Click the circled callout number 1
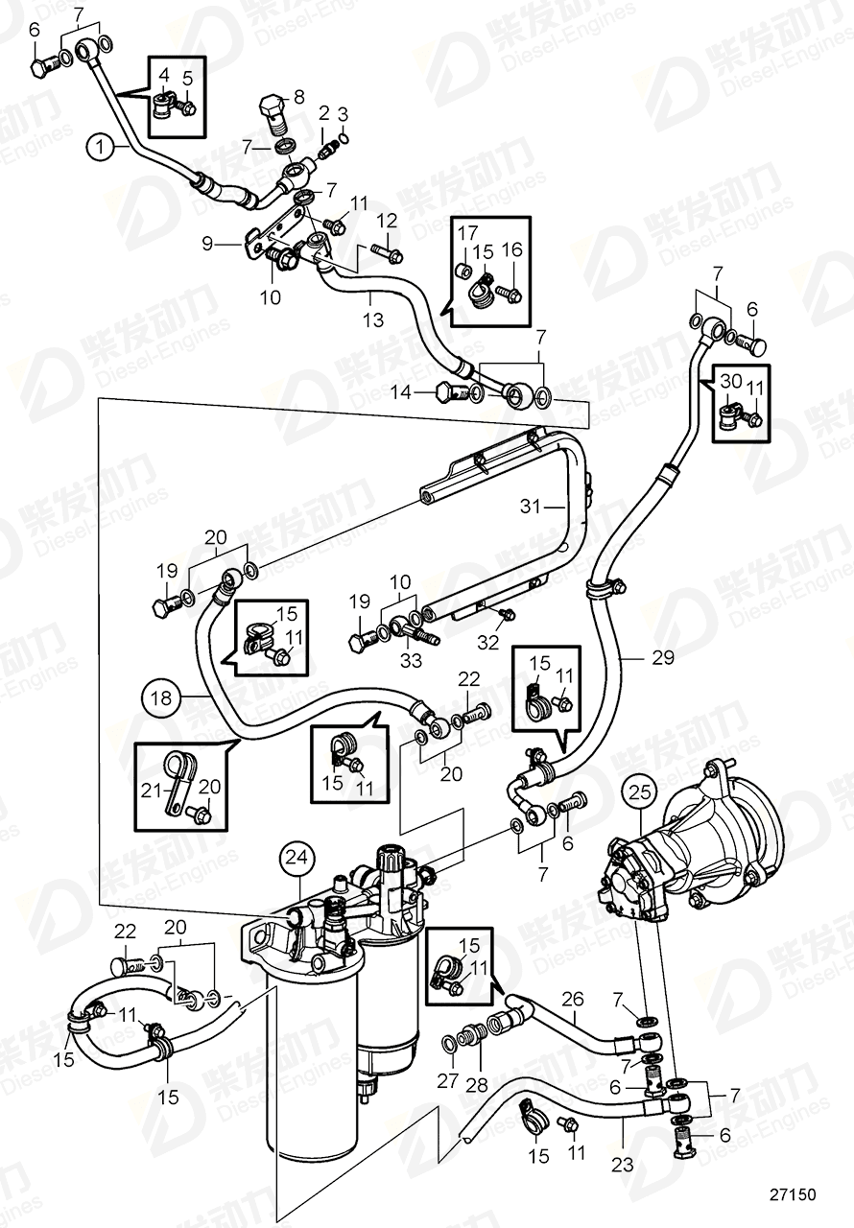pyautogui.click(x=98, y=147)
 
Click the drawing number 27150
pyautogui.click(x=792, y=1195)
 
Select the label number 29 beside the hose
pyautogui.click(x=635, y=657)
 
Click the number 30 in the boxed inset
pyautogui.click(x=731, y=381)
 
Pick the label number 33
pyautogui.click(x=411, y=661)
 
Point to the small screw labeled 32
pyautogui.click(x=502, y=614)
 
